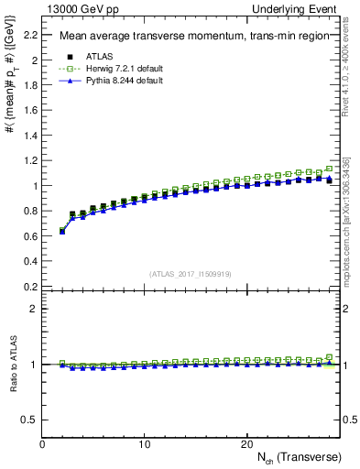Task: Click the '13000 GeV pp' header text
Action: coord(80,8)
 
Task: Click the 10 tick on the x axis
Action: coord(144,443)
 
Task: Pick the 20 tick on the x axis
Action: coord(246,443)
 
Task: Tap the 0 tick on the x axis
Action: coord(42,443)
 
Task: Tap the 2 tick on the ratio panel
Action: coord(35,309)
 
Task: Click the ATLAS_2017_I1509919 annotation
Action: coord(190,273)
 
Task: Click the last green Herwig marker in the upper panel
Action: coord(329,169)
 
